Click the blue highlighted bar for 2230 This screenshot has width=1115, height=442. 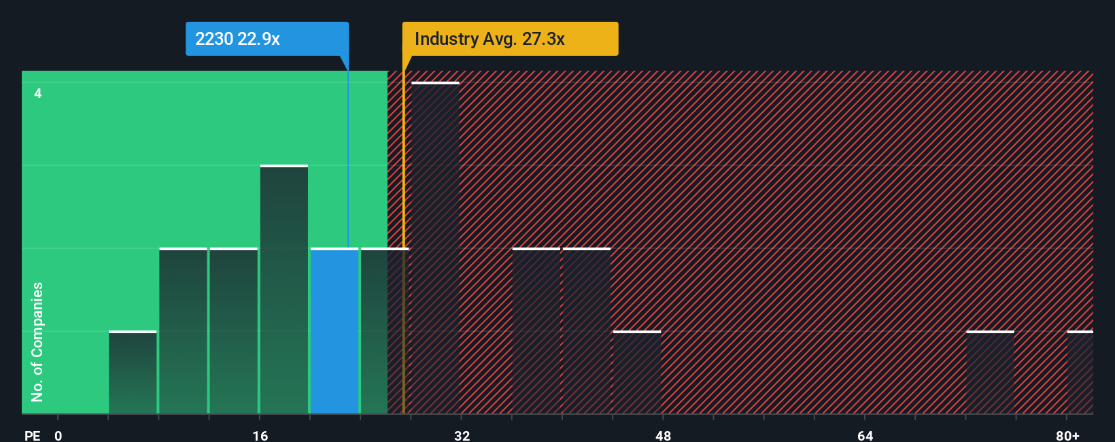coord(334,331)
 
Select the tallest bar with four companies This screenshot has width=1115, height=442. coord(436,248)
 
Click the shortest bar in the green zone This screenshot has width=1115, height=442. coord(133,372)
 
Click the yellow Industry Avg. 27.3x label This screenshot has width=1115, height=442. coord(510,39)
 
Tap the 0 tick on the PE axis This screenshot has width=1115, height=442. coord(58,435)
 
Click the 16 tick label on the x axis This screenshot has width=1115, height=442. coord(260,435)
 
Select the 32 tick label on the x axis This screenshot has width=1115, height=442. coord(462,435)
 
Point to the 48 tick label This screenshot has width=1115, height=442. coord(664,435)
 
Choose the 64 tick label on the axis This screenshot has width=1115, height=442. coord(865,435)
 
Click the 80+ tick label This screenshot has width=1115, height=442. coord(1067,435)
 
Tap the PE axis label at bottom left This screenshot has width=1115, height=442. coord(32,435)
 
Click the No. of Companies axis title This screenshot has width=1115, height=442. coord(37,341)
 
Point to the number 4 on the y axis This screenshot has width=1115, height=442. coord(38,93)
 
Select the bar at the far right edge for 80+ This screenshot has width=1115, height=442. coord(1080,372)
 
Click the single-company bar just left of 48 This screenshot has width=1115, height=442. coord(637,372)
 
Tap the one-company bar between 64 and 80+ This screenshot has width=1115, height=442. coord(990,372)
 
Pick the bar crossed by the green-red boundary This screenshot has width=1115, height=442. coord(385,331)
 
